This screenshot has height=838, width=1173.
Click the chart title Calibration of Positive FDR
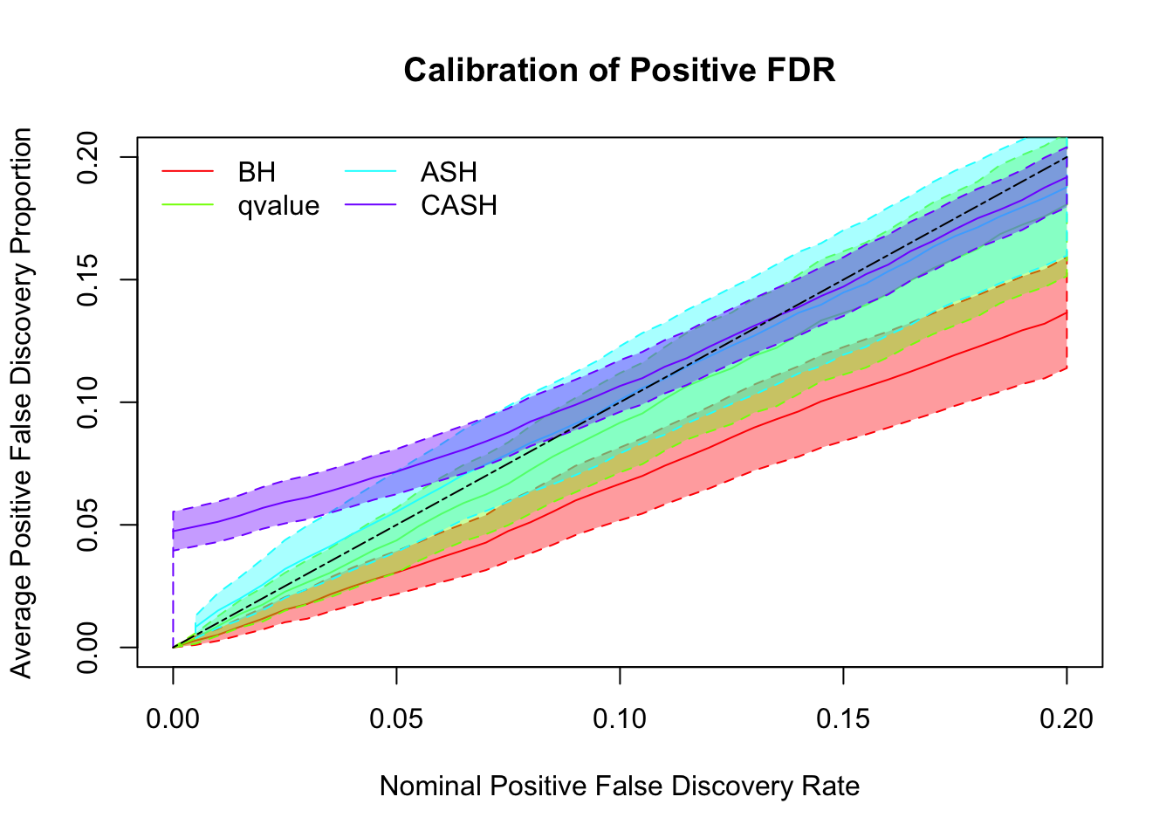coord(620,70)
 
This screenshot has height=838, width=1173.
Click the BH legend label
coord(257,172)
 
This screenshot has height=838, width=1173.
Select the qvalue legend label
coord(278,206)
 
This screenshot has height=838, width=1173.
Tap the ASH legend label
coord(449,172)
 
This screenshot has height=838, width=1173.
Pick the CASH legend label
coord(459,206)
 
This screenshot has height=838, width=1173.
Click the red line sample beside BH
coord(187,172)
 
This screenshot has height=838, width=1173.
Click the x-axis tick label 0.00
coord(173,718)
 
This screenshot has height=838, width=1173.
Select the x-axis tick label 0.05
coord(396,718)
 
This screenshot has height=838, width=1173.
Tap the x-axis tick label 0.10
coord(620,718)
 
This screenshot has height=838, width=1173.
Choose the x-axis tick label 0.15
coord(843,718)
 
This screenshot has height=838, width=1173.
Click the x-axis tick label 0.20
coord(1067,718)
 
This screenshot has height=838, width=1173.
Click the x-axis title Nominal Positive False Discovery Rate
coord(620,786)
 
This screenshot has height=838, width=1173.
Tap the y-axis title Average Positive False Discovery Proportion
coord(21,402)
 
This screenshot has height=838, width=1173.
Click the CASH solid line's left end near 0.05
coord(174,531)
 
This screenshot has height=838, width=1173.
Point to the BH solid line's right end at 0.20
coord(1066,312)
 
